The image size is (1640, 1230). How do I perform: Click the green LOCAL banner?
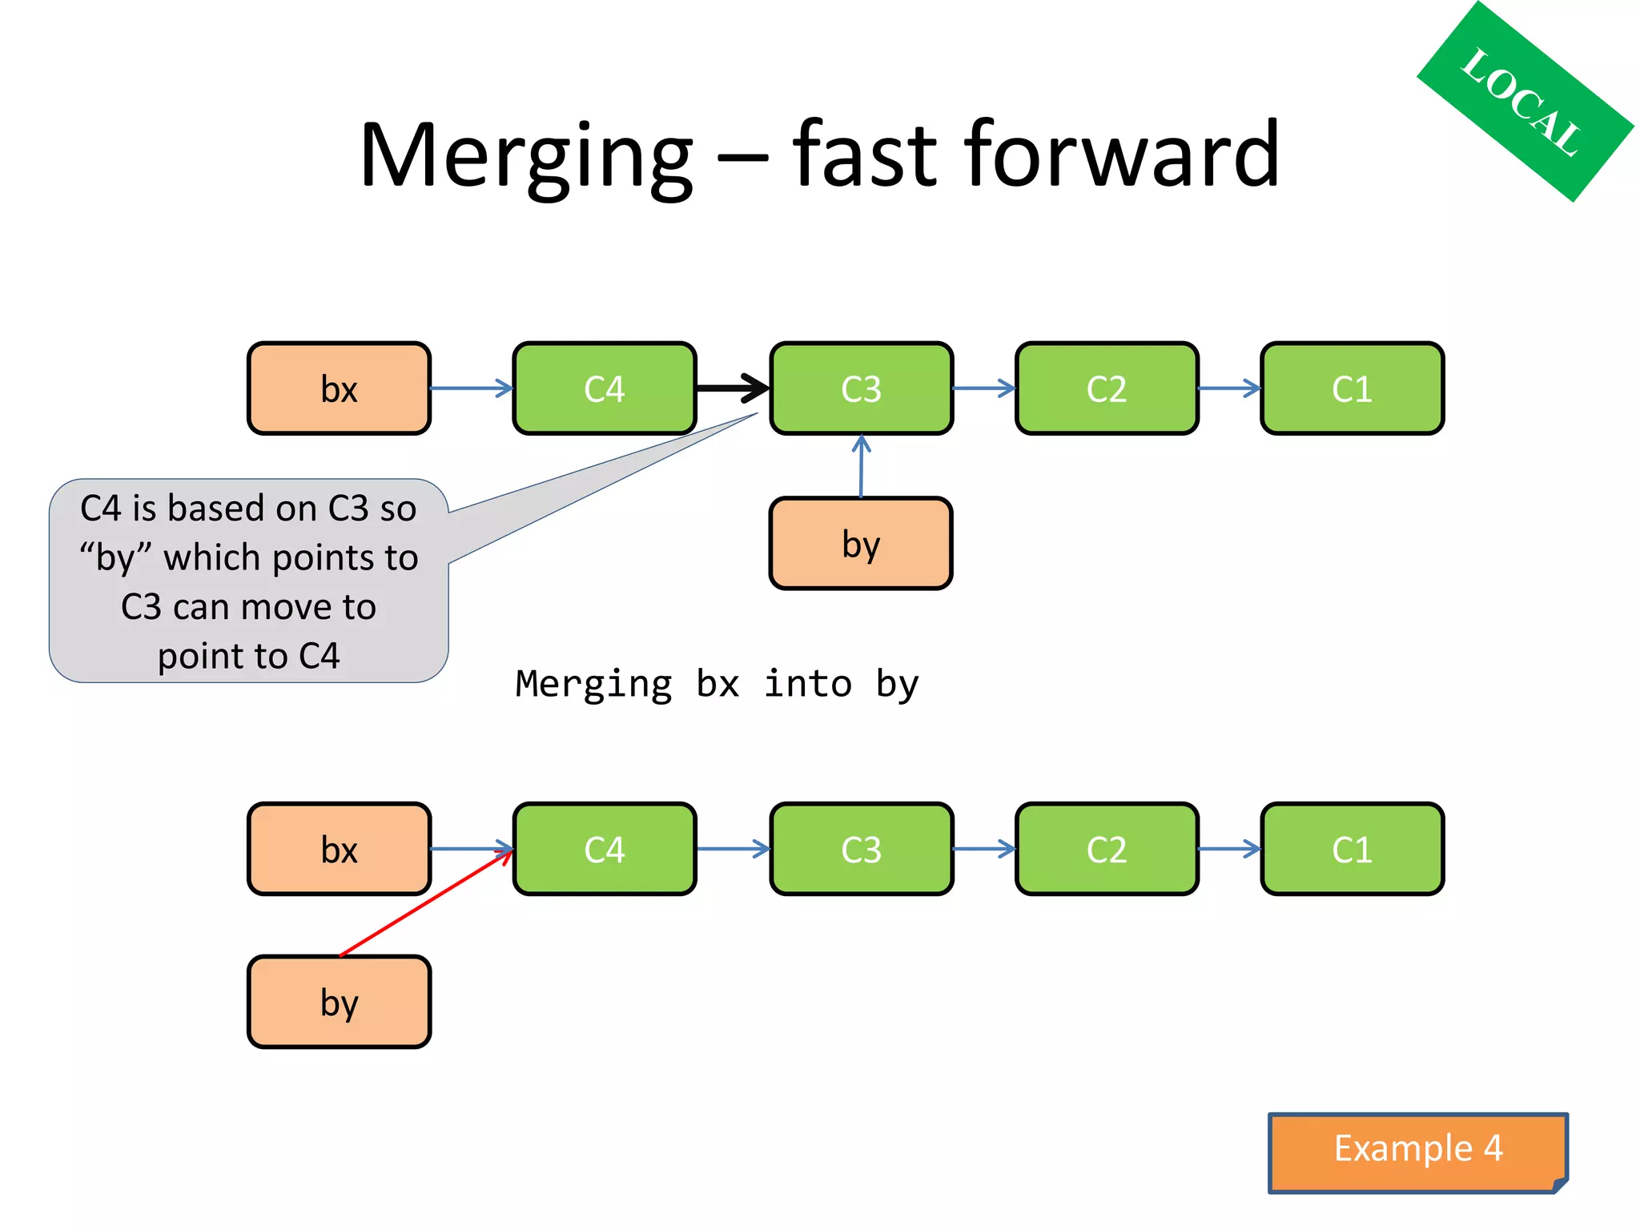tap(1523, 102)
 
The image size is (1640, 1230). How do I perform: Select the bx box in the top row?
tap(339, 389)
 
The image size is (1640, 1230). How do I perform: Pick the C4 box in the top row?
tap(605, 389)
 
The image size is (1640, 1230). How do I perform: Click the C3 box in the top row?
tap(861, 389)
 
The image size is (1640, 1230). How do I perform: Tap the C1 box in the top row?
tap(1352, 389)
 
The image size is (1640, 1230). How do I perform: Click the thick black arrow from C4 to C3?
tap(730, 388)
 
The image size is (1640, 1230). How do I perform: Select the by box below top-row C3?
tap(861, 544)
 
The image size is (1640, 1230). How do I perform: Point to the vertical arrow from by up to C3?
tap(861, 468)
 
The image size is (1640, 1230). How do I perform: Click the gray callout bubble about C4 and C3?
tap(248, 581)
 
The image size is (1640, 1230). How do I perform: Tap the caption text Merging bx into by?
tap(717, 685)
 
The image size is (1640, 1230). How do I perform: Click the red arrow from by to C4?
tap(424, 904)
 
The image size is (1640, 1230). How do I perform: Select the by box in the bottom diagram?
tap(339, 1002)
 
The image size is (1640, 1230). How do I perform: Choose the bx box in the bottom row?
tap(339, 850)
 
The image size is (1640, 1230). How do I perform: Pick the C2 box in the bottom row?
tap(1107, 850)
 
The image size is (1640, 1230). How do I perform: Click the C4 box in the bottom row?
tap(605, 850)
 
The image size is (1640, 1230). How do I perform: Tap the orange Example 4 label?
tap(1417, 1150)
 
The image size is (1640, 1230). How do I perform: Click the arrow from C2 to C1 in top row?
tap(1229, 388)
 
